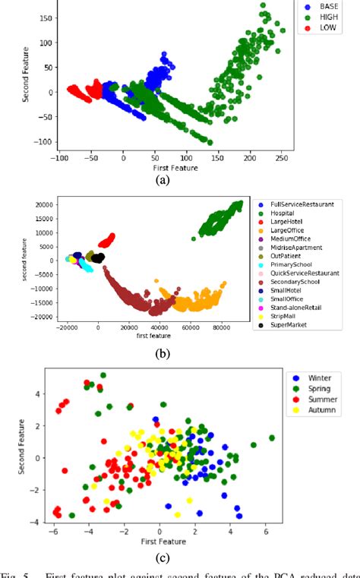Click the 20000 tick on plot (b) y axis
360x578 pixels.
[42, 204]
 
